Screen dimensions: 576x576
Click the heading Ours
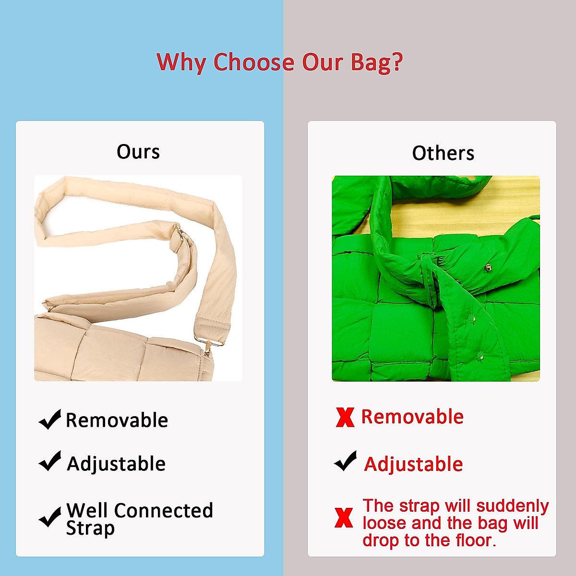(x=138, y=152)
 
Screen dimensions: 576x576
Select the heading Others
(x=443, y=153)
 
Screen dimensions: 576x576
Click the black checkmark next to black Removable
(x=49, y=419)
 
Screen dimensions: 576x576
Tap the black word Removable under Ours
(x=117, y=420)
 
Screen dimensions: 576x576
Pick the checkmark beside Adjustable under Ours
(x=49, y=461)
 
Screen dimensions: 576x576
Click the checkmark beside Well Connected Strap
(x=49, y=517)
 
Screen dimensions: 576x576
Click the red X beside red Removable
(x=345, y=417)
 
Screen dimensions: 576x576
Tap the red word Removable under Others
(x=412, y=416)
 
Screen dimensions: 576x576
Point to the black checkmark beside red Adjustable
(x=345, y=461)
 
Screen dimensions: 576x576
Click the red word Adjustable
(x=413, y=464)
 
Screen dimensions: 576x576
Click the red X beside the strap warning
(x=344, y=517)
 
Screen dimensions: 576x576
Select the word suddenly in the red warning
(x=513, y=506)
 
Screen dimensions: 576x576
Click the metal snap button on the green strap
(x=488, y=267)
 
